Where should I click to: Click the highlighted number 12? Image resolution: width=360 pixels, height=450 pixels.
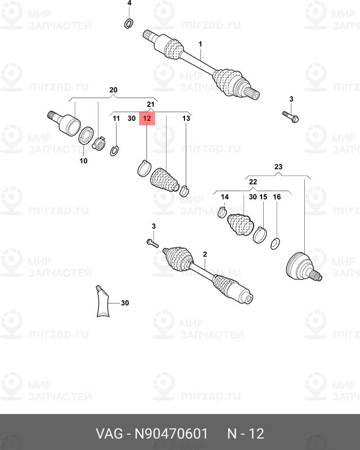146,119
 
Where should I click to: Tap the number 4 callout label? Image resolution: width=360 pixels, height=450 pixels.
129,3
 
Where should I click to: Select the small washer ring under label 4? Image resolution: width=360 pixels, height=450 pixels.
128,23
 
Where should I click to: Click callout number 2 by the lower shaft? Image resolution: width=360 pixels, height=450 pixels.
205,254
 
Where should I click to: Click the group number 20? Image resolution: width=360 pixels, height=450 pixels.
112,90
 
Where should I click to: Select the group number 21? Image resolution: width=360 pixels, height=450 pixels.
150,105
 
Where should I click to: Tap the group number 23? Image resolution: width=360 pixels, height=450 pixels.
278,167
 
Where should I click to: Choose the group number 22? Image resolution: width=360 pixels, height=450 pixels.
253,182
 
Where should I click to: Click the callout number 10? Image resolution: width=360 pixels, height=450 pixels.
83,161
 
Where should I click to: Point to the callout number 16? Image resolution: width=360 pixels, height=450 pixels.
276,197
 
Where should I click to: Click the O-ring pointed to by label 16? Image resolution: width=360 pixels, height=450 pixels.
276,244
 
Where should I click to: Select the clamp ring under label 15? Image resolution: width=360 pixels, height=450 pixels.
260,233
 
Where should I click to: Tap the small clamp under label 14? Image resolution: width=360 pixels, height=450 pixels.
222,213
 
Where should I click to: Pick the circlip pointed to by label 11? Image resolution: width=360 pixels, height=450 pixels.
115,150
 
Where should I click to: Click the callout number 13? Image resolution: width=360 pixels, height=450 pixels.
186,119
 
